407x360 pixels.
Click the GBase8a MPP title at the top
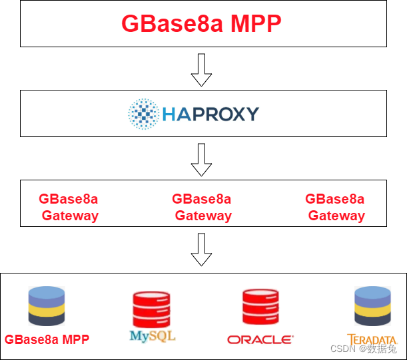tap(201, 24)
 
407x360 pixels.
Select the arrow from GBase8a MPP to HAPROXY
tap(201, 69)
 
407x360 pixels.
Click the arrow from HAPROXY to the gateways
tap(201, 159)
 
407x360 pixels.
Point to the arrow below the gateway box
tap(201, 250)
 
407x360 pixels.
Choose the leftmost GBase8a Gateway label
tap(69, 207)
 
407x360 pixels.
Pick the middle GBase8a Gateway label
tap(202, 207)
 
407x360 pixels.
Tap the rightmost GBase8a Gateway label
tap(335, 207)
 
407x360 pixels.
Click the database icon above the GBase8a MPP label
tap(46, 306)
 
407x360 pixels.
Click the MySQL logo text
tap(153, 335)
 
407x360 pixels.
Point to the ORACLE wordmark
tap(260, 339)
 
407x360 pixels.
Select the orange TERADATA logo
tap(366, 338)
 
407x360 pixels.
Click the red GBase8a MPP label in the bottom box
tap(47, 339)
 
